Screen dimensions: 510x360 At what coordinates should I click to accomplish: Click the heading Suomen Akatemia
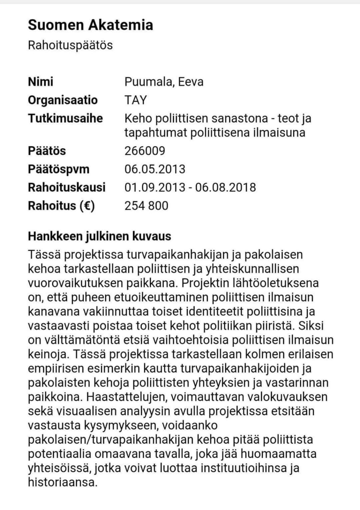click(x=90, y=25)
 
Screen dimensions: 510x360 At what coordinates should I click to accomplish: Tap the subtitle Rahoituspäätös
click(x=70, y=45)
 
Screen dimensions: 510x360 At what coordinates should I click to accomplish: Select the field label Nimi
click(x=40, y=82)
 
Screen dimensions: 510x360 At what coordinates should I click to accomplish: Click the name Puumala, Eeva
click(x=164, y=82)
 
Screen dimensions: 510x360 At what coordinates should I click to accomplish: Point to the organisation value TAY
click(x=135, y=100)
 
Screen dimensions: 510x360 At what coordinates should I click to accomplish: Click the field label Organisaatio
click(x=63, y=100)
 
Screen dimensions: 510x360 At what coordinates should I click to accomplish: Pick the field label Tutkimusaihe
click(x=65, y=118)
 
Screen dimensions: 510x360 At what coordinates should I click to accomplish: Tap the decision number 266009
click(x=145, y=151)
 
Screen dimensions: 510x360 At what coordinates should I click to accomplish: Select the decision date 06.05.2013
click(x=155, y=169)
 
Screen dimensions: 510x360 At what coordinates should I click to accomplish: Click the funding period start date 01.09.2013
click(x=155, y=187)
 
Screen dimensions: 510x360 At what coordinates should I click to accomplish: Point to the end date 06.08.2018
click(x=225, y=187)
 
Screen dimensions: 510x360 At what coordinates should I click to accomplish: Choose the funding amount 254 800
click(x=146, y=206)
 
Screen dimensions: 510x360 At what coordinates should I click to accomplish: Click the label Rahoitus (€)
click(x=61, y=206)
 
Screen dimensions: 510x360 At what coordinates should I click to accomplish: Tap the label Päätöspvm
click(x=59, y=169)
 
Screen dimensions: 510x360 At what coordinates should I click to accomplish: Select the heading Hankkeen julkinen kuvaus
click(x=99, y=236)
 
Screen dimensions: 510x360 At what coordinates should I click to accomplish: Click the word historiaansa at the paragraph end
click(x=63, y=482)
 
